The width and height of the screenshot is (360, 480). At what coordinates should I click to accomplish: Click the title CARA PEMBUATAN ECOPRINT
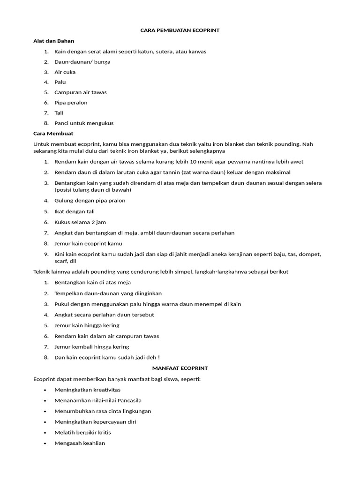(180, 30)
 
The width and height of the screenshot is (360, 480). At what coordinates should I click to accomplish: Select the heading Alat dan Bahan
(53, 41)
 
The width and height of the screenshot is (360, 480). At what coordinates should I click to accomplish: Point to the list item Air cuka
(65, 72)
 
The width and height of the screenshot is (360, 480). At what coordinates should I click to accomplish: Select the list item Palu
(60, 82)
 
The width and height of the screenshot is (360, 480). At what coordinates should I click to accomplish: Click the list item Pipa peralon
(71, 103)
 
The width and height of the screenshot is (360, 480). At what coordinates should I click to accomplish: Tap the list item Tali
(59, 113)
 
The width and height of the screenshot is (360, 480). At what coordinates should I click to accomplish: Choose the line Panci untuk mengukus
(84, 123)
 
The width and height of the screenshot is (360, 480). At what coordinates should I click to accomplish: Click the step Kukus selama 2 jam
(77, 222)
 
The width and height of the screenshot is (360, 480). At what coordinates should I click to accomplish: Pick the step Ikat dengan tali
(75, 211)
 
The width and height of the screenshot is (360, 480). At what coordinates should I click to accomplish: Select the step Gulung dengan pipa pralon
(90, 201)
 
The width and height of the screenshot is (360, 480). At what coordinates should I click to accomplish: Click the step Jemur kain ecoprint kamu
(88, 244)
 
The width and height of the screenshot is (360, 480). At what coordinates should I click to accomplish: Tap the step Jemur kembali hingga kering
(92, 347)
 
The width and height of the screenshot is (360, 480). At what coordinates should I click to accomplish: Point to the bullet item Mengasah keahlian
(80, 443)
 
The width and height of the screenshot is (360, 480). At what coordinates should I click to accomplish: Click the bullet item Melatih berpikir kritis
(82, 432)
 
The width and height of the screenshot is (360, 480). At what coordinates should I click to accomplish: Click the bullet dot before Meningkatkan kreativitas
(45, 390)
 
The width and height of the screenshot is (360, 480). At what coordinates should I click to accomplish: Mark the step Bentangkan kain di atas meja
(92, 283)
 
